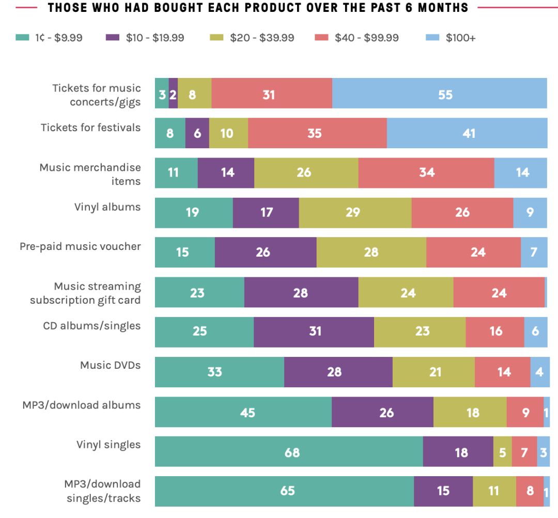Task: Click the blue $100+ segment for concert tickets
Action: pos(439,93)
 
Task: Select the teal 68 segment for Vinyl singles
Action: pos(289,452)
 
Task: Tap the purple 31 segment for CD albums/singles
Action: pos(314,332)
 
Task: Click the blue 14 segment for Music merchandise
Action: pos(520,172)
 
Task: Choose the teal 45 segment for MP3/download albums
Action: pos(243,412)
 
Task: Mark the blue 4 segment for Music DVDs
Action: pos(539,372)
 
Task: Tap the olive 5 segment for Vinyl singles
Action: pos(502,452)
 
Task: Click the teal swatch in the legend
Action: pos(22,38)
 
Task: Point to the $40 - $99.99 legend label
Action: pos(366,38)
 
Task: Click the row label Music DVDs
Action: pos(110,365)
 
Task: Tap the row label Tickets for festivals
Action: pos(90,127)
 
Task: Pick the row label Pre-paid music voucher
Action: pos(80,246)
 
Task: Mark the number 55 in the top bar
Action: pos(445,95)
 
